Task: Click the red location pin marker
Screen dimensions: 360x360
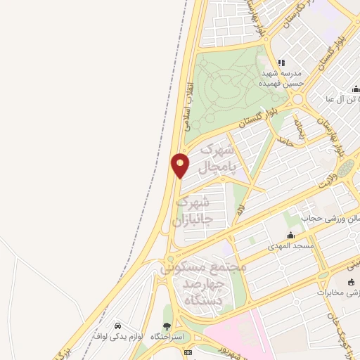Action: click(x=180, y=165)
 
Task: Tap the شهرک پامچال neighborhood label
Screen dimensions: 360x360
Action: click(x=216, y=159)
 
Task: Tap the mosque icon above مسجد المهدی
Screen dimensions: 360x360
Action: click(x=290, y=236)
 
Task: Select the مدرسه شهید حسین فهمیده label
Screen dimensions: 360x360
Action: click(x=283, y=78)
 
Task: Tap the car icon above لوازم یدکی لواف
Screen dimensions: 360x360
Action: click(x=118, y=326)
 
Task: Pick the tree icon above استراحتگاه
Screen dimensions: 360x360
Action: click(x=167, y=326)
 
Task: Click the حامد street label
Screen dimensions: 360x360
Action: click(x=284, y=141)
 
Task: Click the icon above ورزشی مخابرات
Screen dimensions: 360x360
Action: click(x=351, y=281)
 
